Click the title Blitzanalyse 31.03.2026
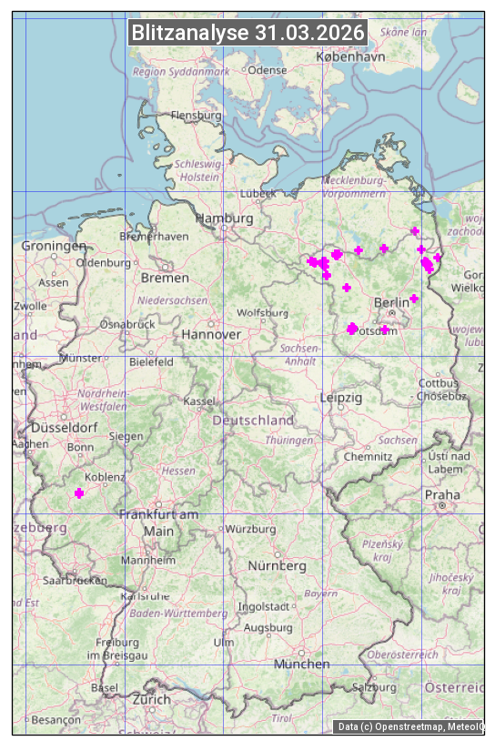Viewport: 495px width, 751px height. point(247,33)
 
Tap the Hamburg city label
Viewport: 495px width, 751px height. point(224,218)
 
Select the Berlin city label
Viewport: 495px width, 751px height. point(392,302)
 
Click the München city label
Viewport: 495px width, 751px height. point(302,664)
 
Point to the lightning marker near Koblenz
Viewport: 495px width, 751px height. point(79,492)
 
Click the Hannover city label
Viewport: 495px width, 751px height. point(211,334)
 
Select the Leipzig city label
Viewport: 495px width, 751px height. point(341,398)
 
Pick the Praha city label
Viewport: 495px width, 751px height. point(442,494)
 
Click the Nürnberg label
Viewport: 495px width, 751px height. point(278,565)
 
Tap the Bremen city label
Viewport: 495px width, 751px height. point(165,277)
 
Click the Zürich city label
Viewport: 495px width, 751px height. point(151,699)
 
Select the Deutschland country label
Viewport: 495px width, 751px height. point(253,420)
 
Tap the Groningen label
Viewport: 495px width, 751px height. point(54,246)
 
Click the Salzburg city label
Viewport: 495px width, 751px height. point(376,687)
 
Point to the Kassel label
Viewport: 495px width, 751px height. point(198,401)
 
